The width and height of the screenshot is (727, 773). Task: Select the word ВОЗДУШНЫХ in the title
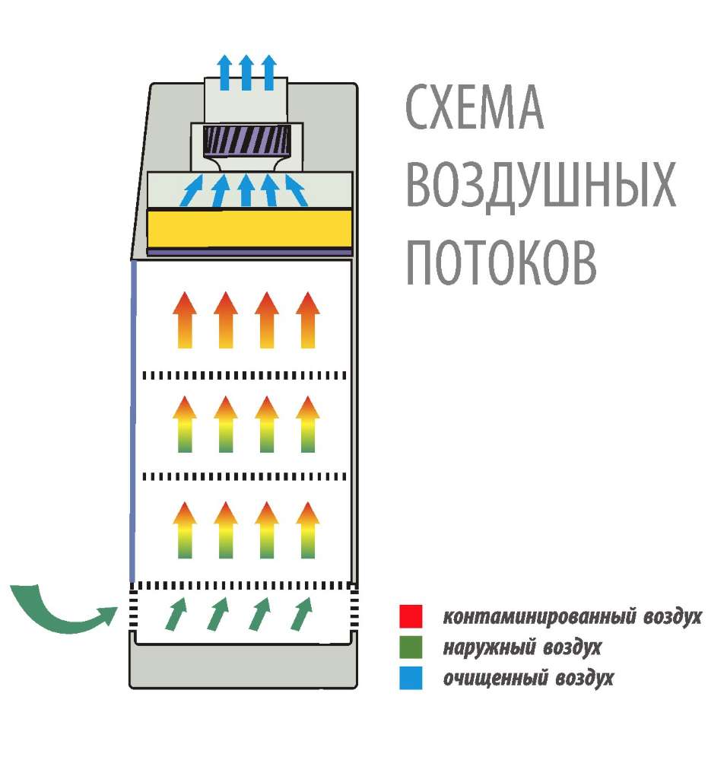[x=541, y=185]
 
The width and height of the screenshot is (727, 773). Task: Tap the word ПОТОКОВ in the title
[x=500, y=262]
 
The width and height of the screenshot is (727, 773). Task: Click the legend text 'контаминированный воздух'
[x=571, y=616]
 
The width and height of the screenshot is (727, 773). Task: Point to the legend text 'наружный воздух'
[x=522, y=647]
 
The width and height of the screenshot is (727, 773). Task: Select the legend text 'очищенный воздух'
[x=528, y=677]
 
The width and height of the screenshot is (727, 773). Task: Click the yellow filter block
[x=249, y=227]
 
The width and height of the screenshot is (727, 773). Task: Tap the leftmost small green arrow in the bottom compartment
[x=176, y=614]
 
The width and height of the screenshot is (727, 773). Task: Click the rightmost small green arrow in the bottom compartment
[x=301, y=614]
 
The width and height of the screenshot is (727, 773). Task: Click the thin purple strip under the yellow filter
[x=249, y=250]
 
